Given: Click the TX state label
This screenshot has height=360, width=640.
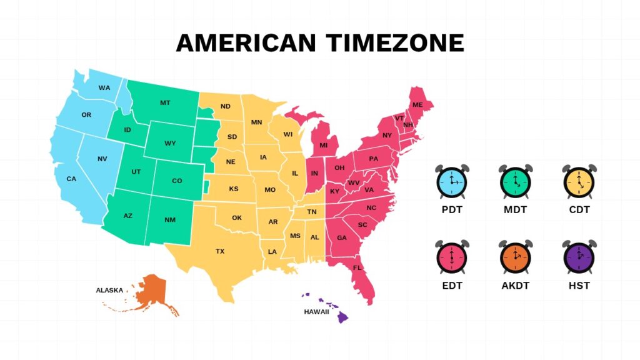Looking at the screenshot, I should [220, 251].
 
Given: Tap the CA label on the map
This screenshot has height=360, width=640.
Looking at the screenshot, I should [71, 179].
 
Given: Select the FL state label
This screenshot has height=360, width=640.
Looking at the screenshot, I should [357, 268].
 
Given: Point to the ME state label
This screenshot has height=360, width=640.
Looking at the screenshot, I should [417, 104].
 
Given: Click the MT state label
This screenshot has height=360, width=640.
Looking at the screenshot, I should [165, 102].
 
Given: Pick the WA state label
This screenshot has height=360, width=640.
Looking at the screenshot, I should [104, 87].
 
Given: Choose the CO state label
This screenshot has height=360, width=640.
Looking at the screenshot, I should [177, 181].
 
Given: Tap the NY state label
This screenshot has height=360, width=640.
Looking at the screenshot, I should [387, 135].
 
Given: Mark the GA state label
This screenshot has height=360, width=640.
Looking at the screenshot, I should [342, 237].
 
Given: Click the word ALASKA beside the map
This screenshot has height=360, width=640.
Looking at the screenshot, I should [109, 290].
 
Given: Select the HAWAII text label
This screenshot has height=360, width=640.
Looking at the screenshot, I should [316, 311].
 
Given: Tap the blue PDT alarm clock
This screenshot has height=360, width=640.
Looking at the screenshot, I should [451, 181].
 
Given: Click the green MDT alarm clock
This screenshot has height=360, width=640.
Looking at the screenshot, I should [515, 181].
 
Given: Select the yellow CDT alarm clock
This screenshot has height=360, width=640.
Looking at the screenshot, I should [579, 181].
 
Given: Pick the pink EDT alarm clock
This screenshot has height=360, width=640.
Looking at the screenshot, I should [451, 257].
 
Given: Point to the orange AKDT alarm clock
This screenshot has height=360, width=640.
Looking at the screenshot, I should [515, 257].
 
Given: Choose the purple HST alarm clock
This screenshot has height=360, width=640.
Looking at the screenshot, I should [579, 257].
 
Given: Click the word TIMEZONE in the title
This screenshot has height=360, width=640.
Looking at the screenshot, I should [395, 43].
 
